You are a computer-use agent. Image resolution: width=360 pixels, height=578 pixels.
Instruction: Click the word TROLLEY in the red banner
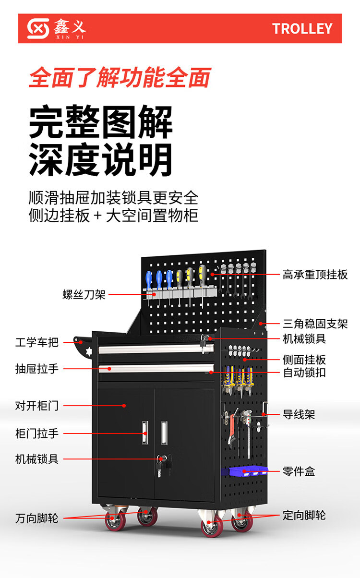(302, 29)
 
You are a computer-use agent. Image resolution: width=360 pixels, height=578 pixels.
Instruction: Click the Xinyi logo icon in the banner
(38, 29)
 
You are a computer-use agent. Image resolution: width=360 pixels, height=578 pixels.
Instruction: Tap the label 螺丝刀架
(84, 294)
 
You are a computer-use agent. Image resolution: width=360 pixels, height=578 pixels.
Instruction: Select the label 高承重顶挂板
(315, 275)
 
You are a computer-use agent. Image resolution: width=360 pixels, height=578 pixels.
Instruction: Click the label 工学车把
(37, 342)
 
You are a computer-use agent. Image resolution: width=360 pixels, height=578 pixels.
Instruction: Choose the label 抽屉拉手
(37, 369)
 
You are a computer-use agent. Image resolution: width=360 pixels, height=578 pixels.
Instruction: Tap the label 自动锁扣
(304, 372)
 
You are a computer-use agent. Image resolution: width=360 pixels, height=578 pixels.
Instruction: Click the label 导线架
(299, 414)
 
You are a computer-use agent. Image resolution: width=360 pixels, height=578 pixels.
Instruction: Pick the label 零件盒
(299, 471)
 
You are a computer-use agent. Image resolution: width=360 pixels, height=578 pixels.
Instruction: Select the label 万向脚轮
(37, 518)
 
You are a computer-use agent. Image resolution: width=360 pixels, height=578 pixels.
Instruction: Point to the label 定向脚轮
(304, 515)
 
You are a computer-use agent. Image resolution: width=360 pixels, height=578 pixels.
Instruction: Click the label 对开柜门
(37, 406)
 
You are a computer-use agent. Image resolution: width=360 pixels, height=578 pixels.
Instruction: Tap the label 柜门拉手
(37, 434)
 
